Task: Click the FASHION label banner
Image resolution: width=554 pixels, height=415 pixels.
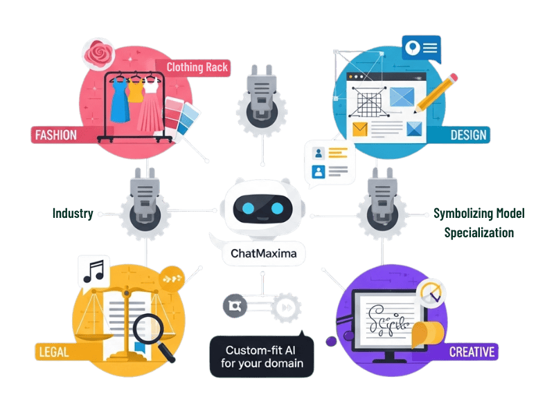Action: click(x=56, y=134)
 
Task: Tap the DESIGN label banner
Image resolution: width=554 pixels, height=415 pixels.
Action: click(x=468, y=134)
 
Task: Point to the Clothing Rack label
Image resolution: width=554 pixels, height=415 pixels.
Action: click(x=197, y=67)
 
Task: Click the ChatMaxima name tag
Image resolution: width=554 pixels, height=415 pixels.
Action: click(x=264, y=254)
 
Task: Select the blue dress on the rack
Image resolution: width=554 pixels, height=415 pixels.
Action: click(x=118, y=100)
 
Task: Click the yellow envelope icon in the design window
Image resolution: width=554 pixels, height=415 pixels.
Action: click(x=359, y=128)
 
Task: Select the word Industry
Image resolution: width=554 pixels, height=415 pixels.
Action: click(x=73, y=213)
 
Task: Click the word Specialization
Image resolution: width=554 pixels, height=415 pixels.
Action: click(x=479, y=232)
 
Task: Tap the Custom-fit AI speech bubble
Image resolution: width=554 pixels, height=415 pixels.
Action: click(x=262, y=356)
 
